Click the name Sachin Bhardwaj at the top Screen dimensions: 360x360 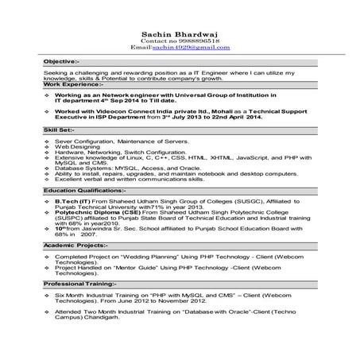click(x=180, y=33)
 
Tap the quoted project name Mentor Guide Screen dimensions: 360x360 click(x=155, y=267)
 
